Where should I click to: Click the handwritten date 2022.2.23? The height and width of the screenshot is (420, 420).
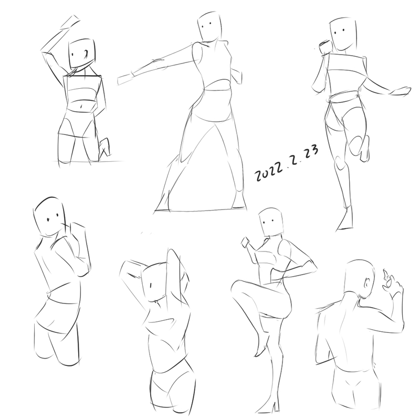287,163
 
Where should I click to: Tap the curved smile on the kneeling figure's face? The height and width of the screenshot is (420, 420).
85,55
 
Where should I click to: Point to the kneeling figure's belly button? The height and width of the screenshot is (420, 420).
81,107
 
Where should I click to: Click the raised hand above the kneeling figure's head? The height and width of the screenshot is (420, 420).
70,22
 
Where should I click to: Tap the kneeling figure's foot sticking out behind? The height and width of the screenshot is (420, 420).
104,147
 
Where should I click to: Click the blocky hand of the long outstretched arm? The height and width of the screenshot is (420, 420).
125,79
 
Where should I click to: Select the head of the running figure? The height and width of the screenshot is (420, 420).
343,34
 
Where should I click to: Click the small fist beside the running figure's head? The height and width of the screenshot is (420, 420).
324,47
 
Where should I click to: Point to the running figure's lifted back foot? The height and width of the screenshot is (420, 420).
365,149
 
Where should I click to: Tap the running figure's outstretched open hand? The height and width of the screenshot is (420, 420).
401,91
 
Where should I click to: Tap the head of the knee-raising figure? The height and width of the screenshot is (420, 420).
271,222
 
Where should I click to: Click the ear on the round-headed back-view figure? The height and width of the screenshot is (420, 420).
367,283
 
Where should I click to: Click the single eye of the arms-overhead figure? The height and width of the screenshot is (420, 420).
151,286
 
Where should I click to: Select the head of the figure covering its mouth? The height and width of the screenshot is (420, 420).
49,217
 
